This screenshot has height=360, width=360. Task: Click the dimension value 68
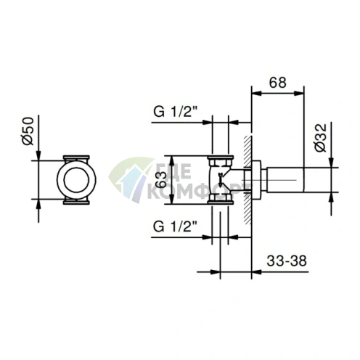[x=277, y=83]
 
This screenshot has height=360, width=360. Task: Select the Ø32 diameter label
[x=321, y=138]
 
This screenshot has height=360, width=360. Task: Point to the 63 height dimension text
[x=161, y=180]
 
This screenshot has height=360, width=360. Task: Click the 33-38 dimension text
[x=287, y=261]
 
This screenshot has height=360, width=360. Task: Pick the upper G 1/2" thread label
[x=176, y=112]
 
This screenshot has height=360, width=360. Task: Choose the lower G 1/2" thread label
[x=176, y=226]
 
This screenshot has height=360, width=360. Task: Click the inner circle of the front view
[x=76, y=179]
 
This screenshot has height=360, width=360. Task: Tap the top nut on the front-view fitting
[x=76, y=157]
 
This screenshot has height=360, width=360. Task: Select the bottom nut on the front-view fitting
[x=76, y=201]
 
